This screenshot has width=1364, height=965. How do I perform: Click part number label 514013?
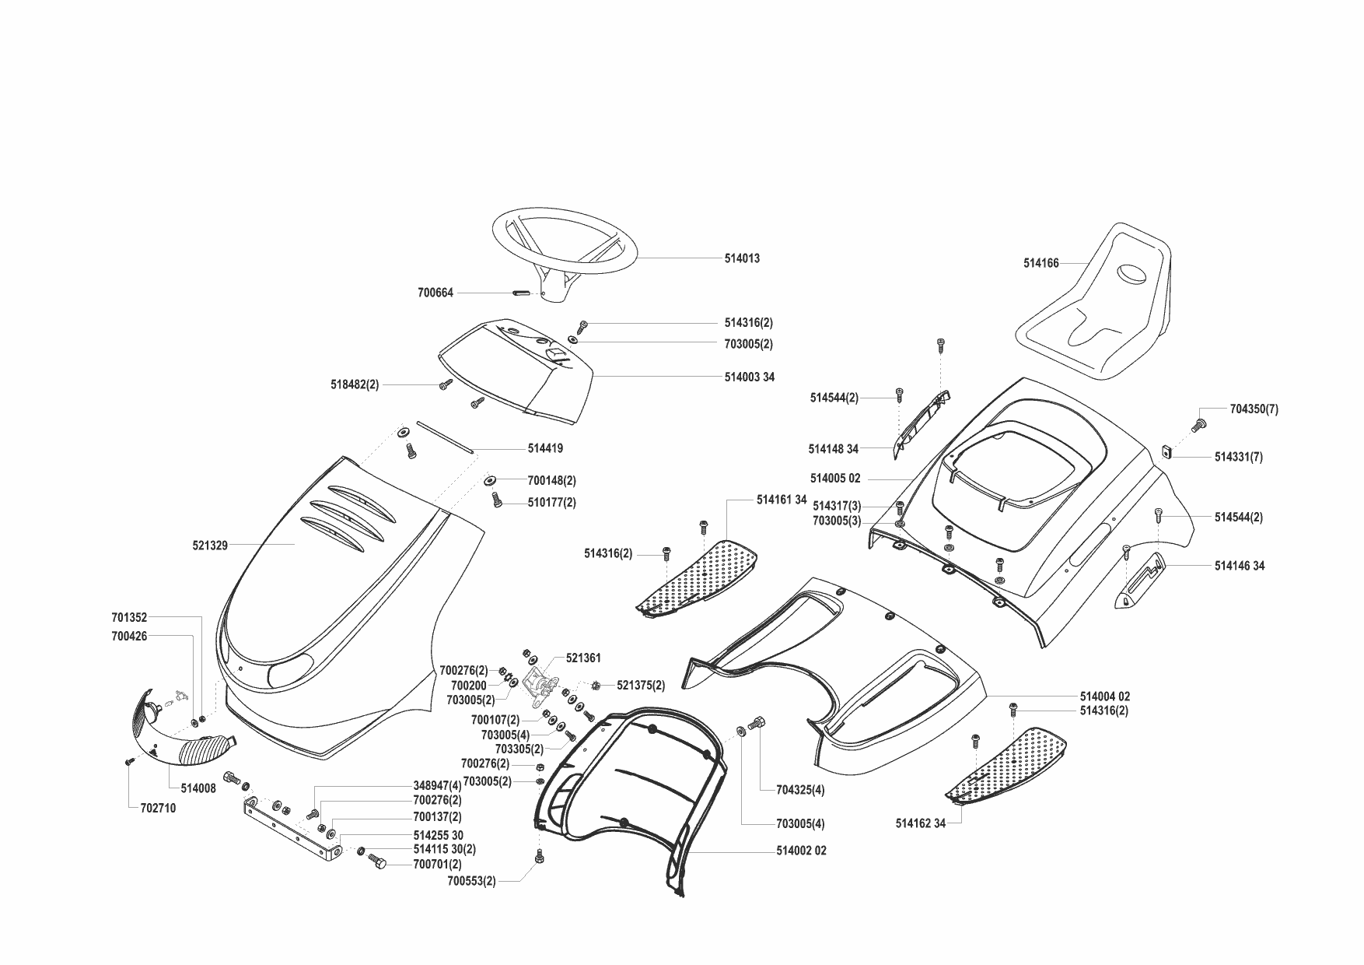(x=742, y=258)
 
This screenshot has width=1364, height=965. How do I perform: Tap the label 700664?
(x=435, y=293)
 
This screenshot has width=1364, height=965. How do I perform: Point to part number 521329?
(x=210, y=546)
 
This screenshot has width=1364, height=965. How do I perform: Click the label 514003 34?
(x=749, y=377)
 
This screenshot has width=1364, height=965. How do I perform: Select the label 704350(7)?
(x=1254, y=409)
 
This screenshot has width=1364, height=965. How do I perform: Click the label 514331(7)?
(x=1238, y=458)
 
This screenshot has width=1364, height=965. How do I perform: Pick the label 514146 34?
(x=1239, y=566)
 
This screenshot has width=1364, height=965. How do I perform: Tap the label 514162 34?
(x=921, y=823)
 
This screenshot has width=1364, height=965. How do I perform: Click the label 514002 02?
(x=801, y=851)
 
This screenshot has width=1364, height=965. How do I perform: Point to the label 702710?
(x=158, y=808)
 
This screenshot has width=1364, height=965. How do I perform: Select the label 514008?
(x=198, y=788)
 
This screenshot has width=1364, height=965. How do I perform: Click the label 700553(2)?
(x=471, y=881)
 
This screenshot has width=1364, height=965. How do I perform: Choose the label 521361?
(x=583, y=658)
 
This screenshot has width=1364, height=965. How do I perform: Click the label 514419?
(x=545, y=448)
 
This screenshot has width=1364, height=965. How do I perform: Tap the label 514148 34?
(x=833, y=449)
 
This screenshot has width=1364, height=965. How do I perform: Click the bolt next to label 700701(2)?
(x=379, y=863)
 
